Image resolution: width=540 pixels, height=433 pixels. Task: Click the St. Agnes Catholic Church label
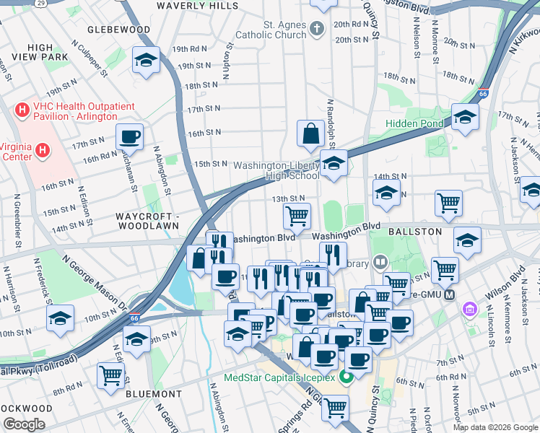coord(284,30)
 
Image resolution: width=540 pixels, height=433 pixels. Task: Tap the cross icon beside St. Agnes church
coord(316,30)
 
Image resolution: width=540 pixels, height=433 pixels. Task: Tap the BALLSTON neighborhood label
coord(414,231)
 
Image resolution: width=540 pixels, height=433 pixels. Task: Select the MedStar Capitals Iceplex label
coord(284,377)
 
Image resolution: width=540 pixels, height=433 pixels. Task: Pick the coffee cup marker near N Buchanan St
coord(129,136)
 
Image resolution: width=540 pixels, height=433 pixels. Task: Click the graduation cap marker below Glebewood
coord(147,60)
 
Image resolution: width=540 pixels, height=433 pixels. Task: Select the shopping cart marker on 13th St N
coord(297,215)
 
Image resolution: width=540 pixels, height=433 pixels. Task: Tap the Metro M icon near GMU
coord(450,294)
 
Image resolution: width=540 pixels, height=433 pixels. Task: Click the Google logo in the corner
coord(24,424)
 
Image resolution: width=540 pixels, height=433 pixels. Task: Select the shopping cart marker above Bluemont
coord(110,375)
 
